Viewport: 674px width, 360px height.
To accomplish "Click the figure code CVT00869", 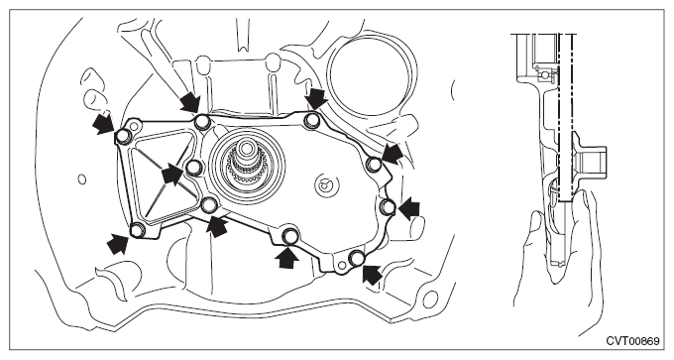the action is coord(632,341).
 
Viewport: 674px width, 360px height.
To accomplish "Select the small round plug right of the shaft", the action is coord(323,185).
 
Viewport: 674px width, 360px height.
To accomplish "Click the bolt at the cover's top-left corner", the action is coord(123,136).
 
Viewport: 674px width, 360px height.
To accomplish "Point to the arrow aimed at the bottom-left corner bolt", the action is coord(118,243).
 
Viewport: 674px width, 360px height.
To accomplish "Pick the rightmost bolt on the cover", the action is coord(389,207).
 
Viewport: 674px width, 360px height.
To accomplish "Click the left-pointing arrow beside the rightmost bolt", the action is coord(408,209).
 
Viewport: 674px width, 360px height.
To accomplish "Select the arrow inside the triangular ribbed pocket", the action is coord(172,175).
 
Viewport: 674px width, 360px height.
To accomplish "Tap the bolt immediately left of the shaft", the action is coord(194,167).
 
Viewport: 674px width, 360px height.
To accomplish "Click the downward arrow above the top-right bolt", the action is coord(317,99).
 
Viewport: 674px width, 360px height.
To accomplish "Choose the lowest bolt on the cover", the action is coord(357,258).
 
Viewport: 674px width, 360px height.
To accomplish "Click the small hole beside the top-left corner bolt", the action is coord(135,126).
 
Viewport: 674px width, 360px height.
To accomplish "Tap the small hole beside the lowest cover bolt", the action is coord(341,266).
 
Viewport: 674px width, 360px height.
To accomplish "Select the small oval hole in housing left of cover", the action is coord(82,179).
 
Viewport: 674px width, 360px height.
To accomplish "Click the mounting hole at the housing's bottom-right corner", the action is coord(431,298).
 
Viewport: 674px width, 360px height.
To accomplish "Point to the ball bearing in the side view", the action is coord(545,75).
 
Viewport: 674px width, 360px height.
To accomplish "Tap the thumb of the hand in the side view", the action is coord(532,232).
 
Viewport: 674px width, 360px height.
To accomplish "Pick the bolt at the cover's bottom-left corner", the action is coord(137,230).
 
